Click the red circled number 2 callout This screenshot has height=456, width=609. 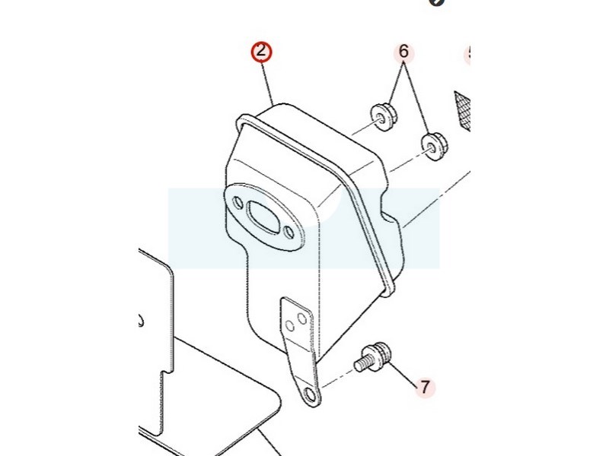click(262, 52)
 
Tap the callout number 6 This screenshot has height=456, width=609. click(403, 52)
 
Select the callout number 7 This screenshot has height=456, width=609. click(425, 387)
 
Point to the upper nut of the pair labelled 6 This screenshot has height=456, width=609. click(384, 116)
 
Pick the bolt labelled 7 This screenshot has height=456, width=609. click(375, 356)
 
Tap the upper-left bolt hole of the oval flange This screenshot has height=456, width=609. click(238, 203)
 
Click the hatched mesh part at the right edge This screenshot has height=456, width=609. click(463, 108)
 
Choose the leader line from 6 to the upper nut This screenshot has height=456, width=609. click(396, 83)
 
